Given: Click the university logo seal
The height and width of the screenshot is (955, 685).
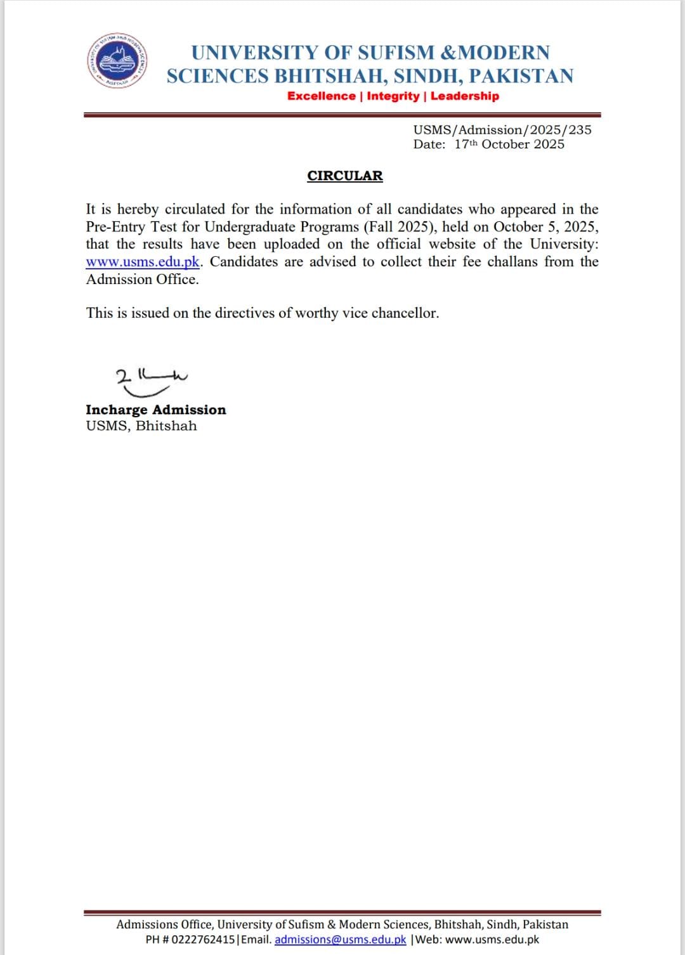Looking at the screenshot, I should (x=118, y=61).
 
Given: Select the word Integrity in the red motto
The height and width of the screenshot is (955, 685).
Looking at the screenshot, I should (x=393, y=96).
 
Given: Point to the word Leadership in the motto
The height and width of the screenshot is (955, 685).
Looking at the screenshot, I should (x=465, y=96).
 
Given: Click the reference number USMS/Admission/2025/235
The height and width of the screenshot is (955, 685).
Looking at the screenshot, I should (x=502, y=130).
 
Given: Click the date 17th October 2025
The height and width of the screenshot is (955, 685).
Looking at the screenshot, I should (x=509, y=145).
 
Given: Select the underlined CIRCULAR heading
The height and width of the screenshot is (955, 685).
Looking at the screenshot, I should (x=345, y=176).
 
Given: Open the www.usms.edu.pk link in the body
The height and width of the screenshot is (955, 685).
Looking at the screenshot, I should (x=143, y=262).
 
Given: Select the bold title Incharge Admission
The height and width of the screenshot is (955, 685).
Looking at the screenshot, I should (x=156, y=410).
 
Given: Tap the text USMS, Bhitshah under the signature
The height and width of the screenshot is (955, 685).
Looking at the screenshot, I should (x=141, y=426).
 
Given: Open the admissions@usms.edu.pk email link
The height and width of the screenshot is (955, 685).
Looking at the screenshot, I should (x=340, y=940).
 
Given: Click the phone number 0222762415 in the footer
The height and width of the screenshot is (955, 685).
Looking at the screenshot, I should (x=203, y=940).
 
